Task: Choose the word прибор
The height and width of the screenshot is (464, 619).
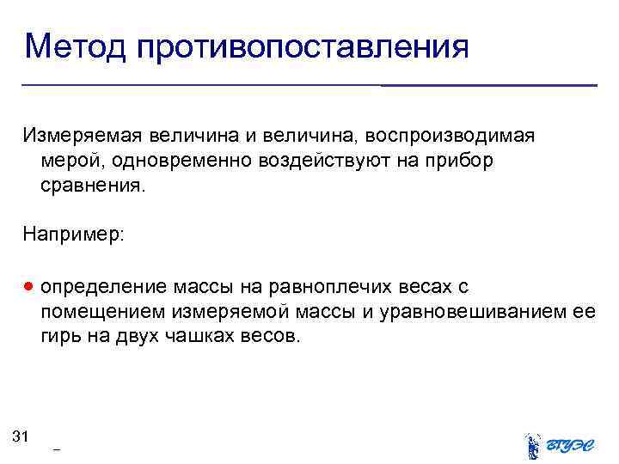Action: [x=464, y=161]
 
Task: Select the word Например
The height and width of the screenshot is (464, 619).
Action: [x=74, y=234]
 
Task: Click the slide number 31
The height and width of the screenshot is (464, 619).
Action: [x=21, y=437]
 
